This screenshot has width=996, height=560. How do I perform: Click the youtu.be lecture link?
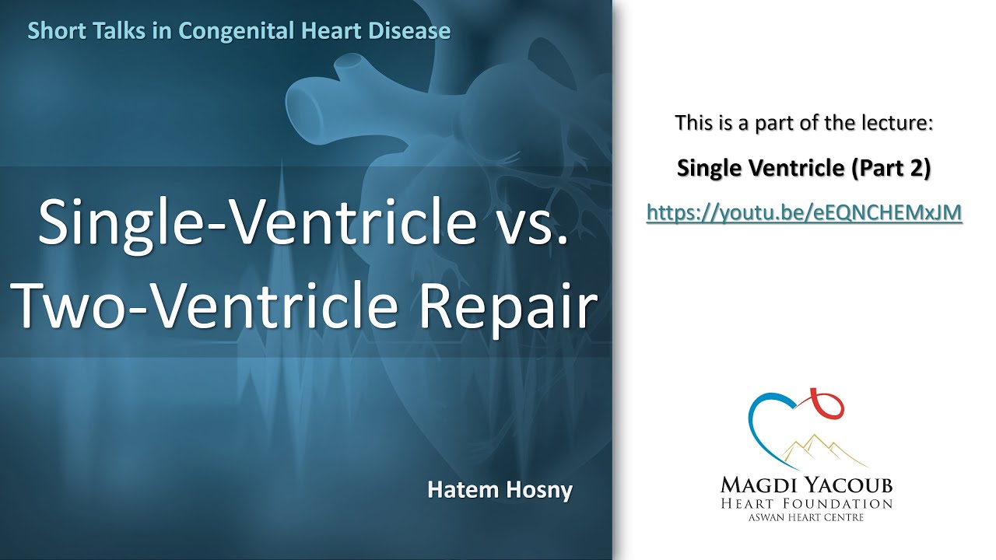pos(805,212)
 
